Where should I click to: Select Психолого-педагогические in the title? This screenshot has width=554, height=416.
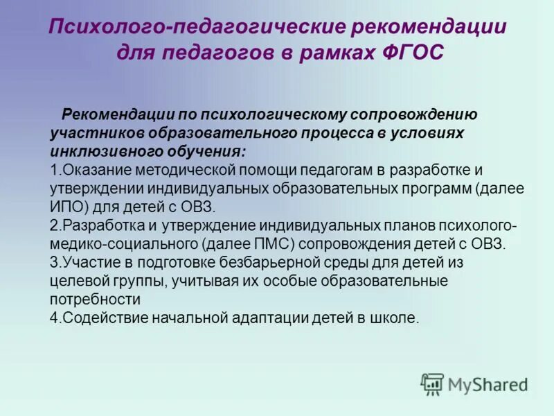click(197, 29)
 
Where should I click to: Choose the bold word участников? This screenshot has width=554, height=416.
click(93, 132)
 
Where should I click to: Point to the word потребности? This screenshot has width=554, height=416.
click(96, 300)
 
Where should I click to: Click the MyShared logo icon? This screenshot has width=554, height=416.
click(432, 383)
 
